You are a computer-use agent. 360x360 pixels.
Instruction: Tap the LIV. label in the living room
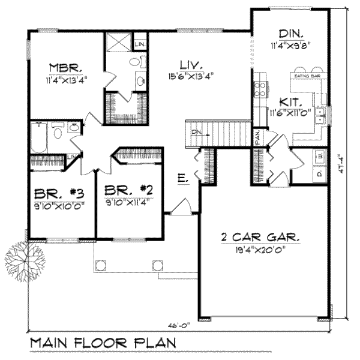tap(191, 64)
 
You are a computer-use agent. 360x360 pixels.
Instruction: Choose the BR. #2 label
tap(130, 191)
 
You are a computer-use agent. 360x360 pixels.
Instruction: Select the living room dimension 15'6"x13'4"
tap(191, 76)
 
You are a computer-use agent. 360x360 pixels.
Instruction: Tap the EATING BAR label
tap(305, 76)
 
